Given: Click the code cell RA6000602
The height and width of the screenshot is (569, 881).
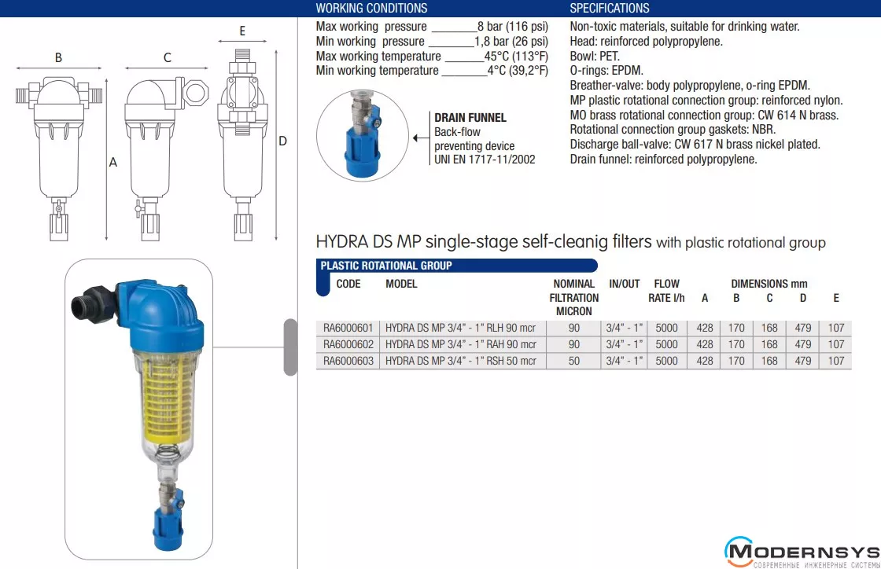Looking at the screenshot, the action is point(348,344).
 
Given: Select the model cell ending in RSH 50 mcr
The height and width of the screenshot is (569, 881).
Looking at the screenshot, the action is point(461,361).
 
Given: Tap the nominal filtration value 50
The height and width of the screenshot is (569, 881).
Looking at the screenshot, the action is point(573,361).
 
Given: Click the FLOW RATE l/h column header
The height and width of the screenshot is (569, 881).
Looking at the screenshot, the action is point(666,291).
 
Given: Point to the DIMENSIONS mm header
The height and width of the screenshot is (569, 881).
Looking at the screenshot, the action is point(769,284).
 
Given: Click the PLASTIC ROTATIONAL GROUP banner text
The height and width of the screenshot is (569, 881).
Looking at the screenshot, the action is point(386,266).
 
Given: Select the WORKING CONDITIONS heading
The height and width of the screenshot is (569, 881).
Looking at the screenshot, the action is point(371,9).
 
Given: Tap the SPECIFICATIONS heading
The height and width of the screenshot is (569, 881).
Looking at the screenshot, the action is point(610,9).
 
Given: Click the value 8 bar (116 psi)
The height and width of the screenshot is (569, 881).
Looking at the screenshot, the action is point(513,27).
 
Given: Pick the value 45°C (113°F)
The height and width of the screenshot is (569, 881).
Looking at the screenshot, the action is point(516,56).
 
